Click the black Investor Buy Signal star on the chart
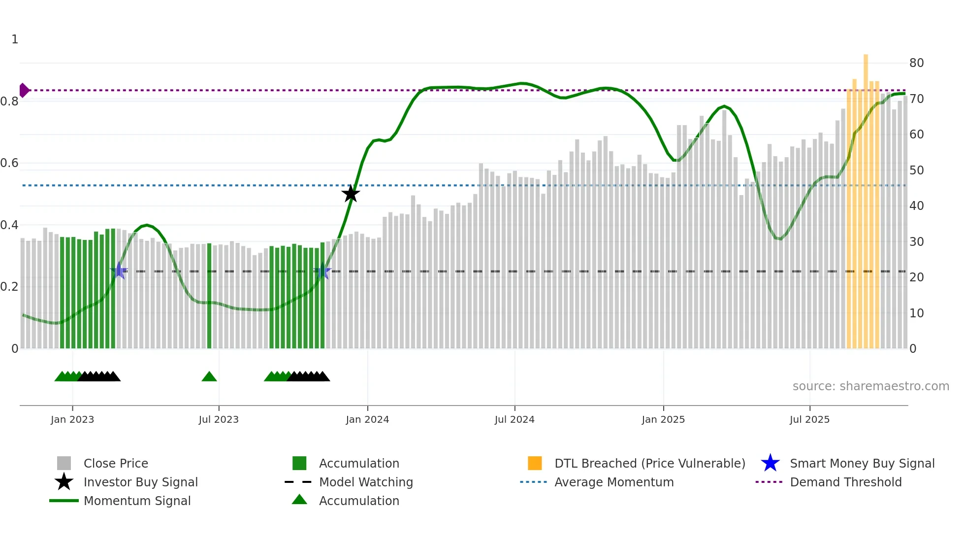(351, 194)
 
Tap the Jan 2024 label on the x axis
(367, 419)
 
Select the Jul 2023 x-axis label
(219, 419)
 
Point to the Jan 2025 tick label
(663, 419)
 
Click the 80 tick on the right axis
(916, 63)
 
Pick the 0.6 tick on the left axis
(10, 163)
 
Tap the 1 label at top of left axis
(15, 39)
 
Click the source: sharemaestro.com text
(870, 386)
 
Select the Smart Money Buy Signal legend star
(770, 463)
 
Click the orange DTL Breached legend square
(535, 463)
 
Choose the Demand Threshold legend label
(845, 482)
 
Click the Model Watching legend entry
(366, 482)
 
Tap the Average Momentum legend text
(614, 482)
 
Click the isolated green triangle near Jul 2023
(209, 377)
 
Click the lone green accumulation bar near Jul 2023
(209, 296)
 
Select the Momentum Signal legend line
(64, 501)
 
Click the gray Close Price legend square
(64, 463)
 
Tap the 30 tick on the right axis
(916, 242)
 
